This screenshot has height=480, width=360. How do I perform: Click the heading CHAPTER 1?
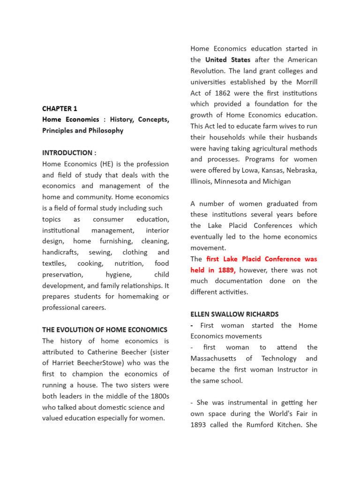(60, 108)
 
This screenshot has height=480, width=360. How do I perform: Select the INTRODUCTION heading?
(68, 153)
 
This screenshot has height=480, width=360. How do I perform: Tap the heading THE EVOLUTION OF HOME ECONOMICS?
(105, 330)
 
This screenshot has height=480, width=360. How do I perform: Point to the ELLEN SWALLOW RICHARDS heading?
(234, 314)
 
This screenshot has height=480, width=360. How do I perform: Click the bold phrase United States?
(228, 60)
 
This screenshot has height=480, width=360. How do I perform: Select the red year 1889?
(225, 270)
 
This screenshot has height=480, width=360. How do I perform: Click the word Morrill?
(305, 82)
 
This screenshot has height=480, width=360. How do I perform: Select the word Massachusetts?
(213, 359)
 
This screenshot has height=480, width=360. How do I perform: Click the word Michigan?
(276, 181)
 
